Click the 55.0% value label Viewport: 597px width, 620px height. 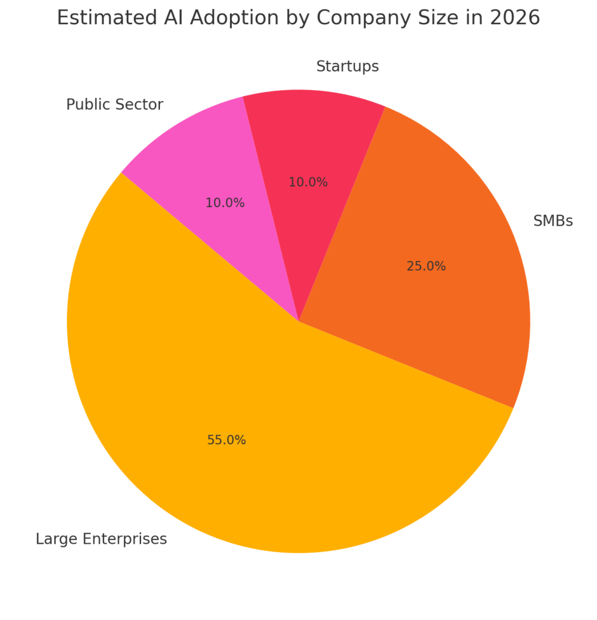click(226, 441)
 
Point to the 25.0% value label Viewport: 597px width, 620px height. click(426, 266)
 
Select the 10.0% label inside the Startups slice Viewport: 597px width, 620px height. click(308, 182)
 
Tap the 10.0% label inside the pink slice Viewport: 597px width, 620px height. click(225, 203)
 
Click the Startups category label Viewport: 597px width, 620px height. click(347, 67)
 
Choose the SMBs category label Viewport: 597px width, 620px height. click(552, 222)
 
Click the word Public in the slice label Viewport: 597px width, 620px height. click(85, 105)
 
